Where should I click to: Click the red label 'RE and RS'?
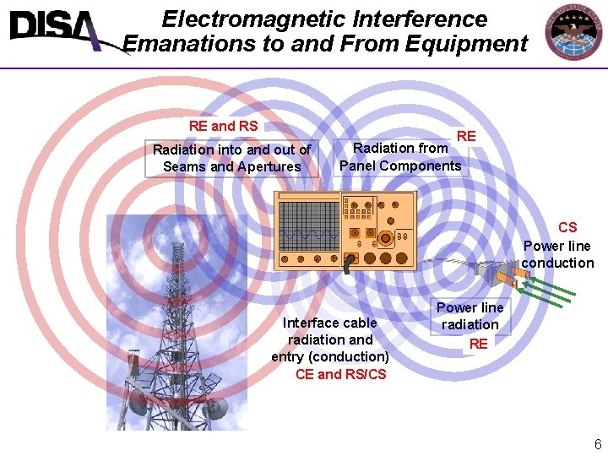223,126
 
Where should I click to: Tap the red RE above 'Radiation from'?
466,135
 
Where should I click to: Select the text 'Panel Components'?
400,166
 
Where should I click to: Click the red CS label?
568,227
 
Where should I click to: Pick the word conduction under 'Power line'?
557,263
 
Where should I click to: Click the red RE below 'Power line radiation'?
478,343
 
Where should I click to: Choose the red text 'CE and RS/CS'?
340,373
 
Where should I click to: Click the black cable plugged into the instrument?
346,265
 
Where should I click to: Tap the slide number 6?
598,444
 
